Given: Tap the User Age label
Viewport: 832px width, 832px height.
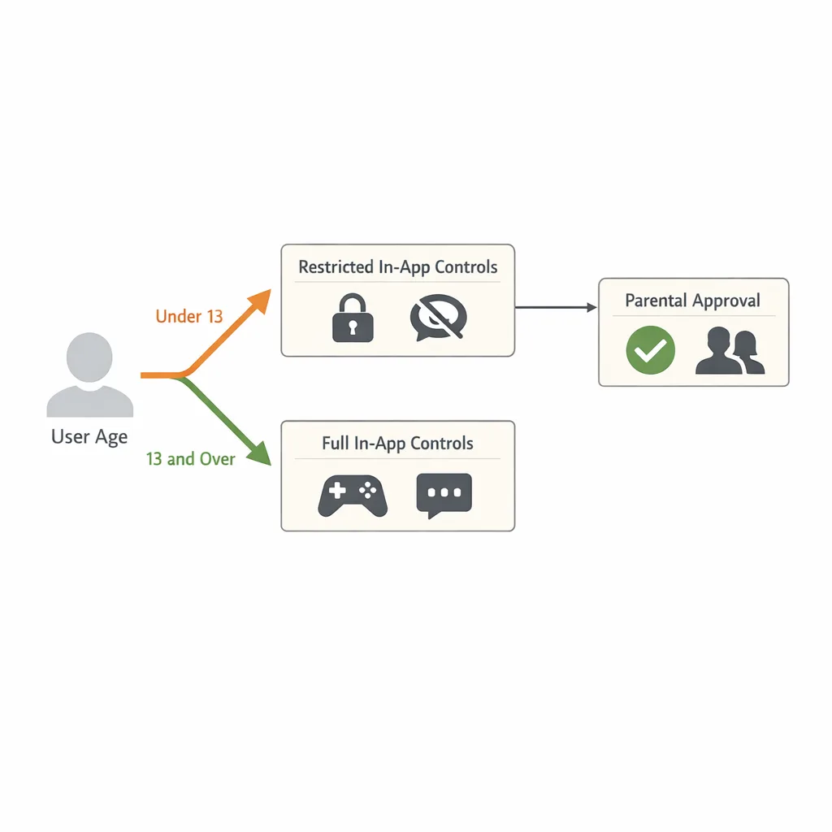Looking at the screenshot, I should pos(89,437).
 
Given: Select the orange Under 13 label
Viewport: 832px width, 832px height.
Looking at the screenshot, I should pos(188,316).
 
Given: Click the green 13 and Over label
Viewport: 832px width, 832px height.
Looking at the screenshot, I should pos(190,459).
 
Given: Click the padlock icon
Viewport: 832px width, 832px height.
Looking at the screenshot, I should pos(353,320).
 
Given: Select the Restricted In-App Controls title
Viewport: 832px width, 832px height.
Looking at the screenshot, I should pos(397,266).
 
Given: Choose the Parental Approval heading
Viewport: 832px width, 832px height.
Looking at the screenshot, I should pos(692,301).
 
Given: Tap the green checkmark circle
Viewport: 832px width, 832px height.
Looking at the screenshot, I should pos(650,351).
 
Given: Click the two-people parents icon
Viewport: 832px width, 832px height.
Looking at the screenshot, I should pos(730,351).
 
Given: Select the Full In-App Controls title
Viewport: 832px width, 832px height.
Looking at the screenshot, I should pos(397,444).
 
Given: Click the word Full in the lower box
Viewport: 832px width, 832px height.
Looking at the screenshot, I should pos(336,444).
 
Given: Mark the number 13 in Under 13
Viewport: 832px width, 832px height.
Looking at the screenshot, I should pos(214,316).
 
